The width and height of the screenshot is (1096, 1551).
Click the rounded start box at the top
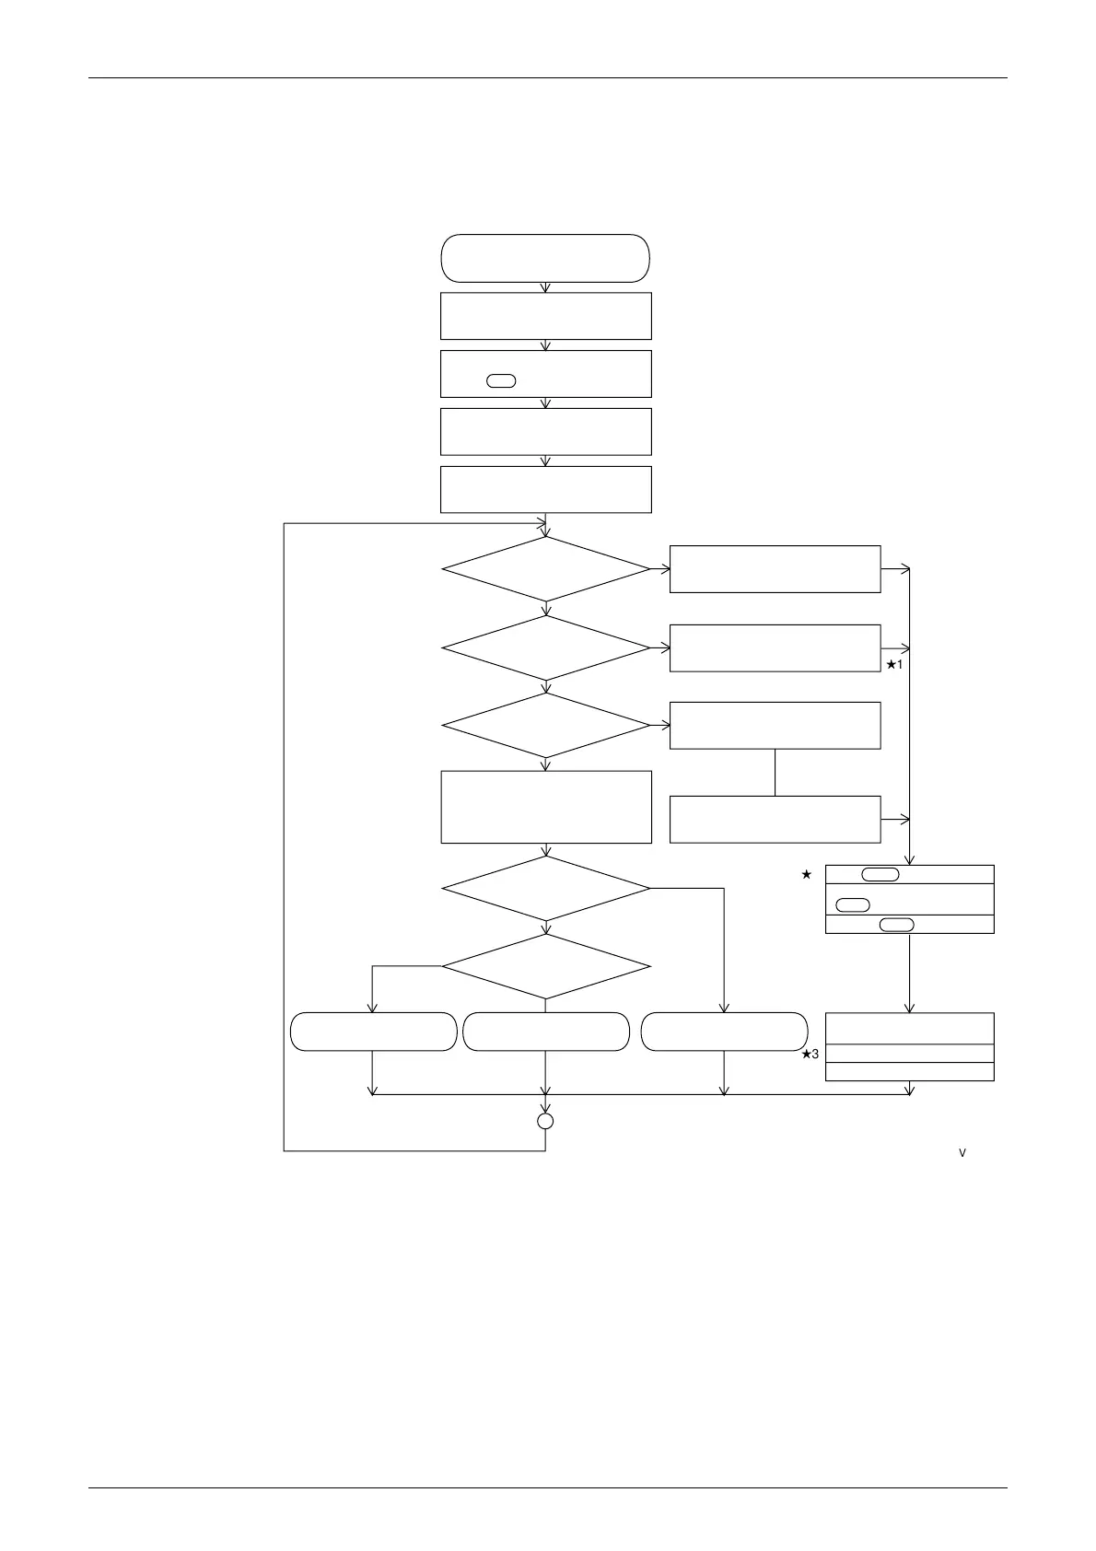545,258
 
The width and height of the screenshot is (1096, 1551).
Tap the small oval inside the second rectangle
501,381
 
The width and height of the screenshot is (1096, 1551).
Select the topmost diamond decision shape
546,569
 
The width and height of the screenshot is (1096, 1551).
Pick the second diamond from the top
546,647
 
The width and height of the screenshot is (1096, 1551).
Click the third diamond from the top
546,725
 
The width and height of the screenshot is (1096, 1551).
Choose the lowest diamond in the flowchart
546,966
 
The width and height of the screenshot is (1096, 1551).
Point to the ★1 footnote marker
894,664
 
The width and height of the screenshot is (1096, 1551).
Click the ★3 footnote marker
810,1055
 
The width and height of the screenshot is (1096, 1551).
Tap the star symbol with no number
807,874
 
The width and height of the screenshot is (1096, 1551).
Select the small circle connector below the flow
545,1121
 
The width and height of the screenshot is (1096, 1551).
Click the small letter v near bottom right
962,1153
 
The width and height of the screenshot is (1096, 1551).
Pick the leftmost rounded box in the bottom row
373,1032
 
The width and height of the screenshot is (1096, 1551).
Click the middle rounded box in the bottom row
546,1032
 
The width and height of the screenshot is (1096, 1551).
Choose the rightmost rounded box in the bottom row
724,1032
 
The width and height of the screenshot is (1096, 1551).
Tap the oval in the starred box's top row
880,874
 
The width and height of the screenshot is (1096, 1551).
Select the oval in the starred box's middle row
853,904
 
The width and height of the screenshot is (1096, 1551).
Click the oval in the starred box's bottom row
897,925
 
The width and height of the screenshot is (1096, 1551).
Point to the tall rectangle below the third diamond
546,807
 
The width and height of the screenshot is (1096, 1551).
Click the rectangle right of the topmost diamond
775,569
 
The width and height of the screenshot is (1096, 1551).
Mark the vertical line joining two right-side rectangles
775,773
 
